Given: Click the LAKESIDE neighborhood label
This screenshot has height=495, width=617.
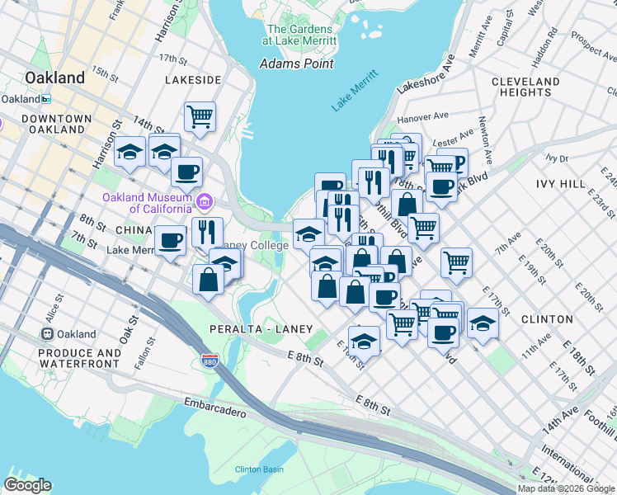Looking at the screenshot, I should tap(192, 80).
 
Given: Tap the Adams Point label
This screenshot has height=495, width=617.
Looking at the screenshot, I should tap(296, 64).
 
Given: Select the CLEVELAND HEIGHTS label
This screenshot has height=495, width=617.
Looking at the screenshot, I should tap(525, 87).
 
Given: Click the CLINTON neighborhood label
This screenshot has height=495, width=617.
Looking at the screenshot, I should tap(547, 318).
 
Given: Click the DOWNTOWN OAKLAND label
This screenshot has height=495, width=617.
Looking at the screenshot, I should tap(57, 124).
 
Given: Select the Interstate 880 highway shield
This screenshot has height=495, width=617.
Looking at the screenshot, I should tap(210, 361).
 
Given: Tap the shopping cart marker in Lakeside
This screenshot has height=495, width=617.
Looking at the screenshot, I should tap(200, 115).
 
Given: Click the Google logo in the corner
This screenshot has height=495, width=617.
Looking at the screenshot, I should tap(27, 485).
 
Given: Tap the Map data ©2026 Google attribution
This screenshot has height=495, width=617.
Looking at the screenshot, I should tap(567, 488).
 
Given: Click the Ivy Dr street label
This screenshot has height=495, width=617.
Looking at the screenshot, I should tap(557, 158).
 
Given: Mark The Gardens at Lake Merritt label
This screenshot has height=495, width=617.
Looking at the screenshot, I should tap(299, 35).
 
